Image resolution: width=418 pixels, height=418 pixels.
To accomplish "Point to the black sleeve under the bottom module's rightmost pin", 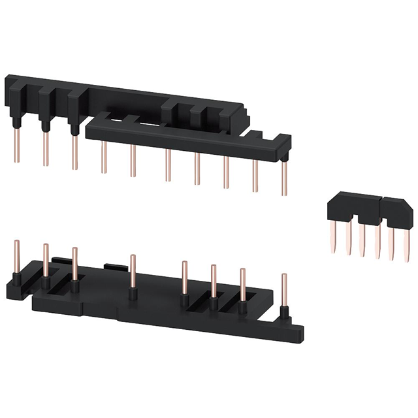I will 283,312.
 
